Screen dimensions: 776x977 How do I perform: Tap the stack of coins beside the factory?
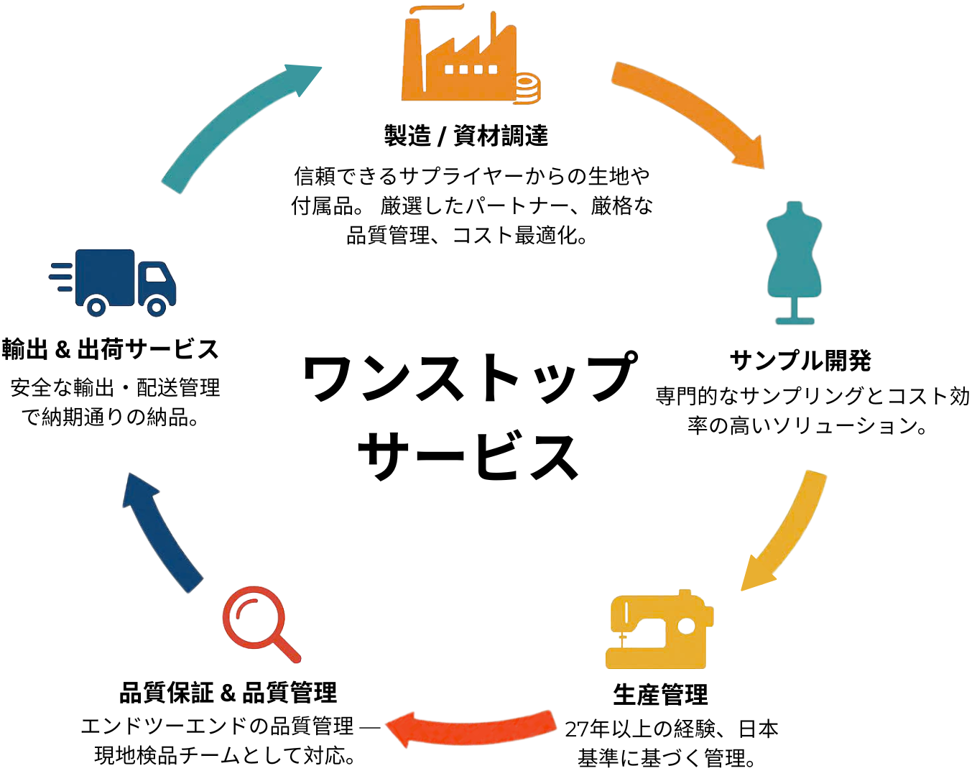coord(527,88)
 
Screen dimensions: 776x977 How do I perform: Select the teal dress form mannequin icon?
coord(794,262)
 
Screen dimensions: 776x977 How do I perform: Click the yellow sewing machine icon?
coord(659,630)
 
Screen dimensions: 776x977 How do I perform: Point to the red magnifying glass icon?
coord(260,623)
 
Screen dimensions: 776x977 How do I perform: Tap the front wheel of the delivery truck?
coord(157,307)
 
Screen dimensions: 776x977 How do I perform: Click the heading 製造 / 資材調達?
coord(466,136)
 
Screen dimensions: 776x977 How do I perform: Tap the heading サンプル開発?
coord(800,360)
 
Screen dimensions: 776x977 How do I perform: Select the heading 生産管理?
coord(660,695)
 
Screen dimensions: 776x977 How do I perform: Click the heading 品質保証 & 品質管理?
coord(228,693)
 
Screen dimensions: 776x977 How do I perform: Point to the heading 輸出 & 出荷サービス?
coord(110,349)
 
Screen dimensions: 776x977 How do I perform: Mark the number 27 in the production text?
coord(577,729)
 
